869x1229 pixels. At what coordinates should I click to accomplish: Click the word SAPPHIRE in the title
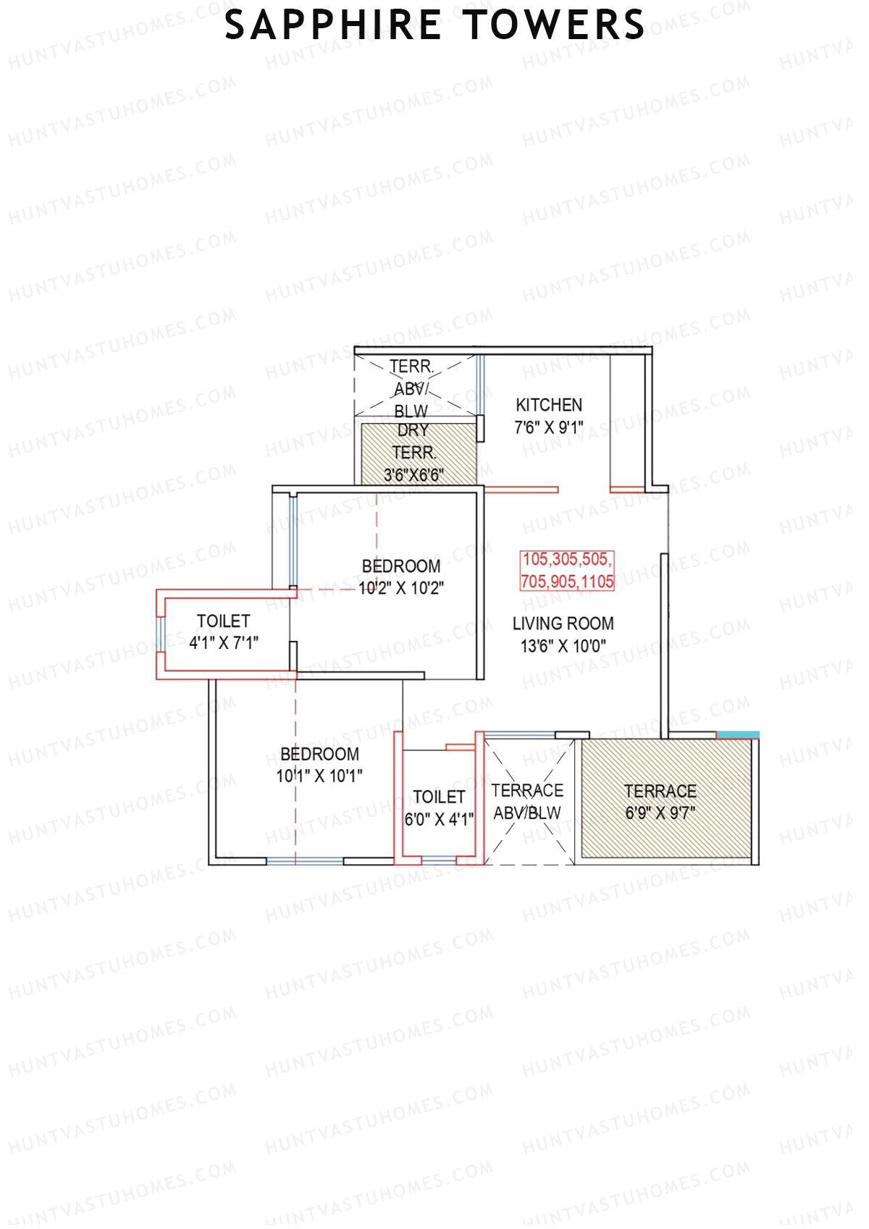click(x=333, y=25)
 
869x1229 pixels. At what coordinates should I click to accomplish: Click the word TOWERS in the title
click(x=554, y=25)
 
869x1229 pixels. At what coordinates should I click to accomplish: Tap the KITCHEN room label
click(x=549, y=405)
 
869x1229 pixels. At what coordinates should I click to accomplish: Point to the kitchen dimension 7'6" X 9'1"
click(x=549, y=428)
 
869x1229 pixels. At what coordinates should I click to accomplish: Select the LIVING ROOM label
click(x=563, y=624)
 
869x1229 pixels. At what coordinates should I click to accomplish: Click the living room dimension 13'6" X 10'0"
click(x=563, y=646)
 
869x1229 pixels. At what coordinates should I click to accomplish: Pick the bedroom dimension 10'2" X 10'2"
click(x=401, y=588)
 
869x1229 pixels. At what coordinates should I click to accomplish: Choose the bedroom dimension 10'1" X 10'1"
click(x=319, y=776)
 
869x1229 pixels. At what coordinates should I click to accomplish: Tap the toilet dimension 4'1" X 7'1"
click(x=224, y=643)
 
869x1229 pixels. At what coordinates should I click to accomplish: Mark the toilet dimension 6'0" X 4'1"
click(x=439, y=819)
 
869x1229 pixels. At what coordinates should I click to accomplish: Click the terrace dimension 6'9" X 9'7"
click(x=660, y=813)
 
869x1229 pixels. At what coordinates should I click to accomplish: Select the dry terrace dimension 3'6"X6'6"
click(x=413, y=476)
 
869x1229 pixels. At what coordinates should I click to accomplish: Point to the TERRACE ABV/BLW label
click(x=527, y=802)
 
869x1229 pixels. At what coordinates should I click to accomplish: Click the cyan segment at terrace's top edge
click(x=737, y=735)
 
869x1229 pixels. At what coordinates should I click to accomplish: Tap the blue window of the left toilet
click(x=161, y=634)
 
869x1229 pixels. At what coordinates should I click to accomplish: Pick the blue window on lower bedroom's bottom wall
click(x=304, y=861)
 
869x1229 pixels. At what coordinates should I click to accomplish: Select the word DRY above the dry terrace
click(x=413, y=430)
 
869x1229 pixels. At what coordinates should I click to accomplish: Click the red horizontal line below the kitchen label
click(x=521, y=490)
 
